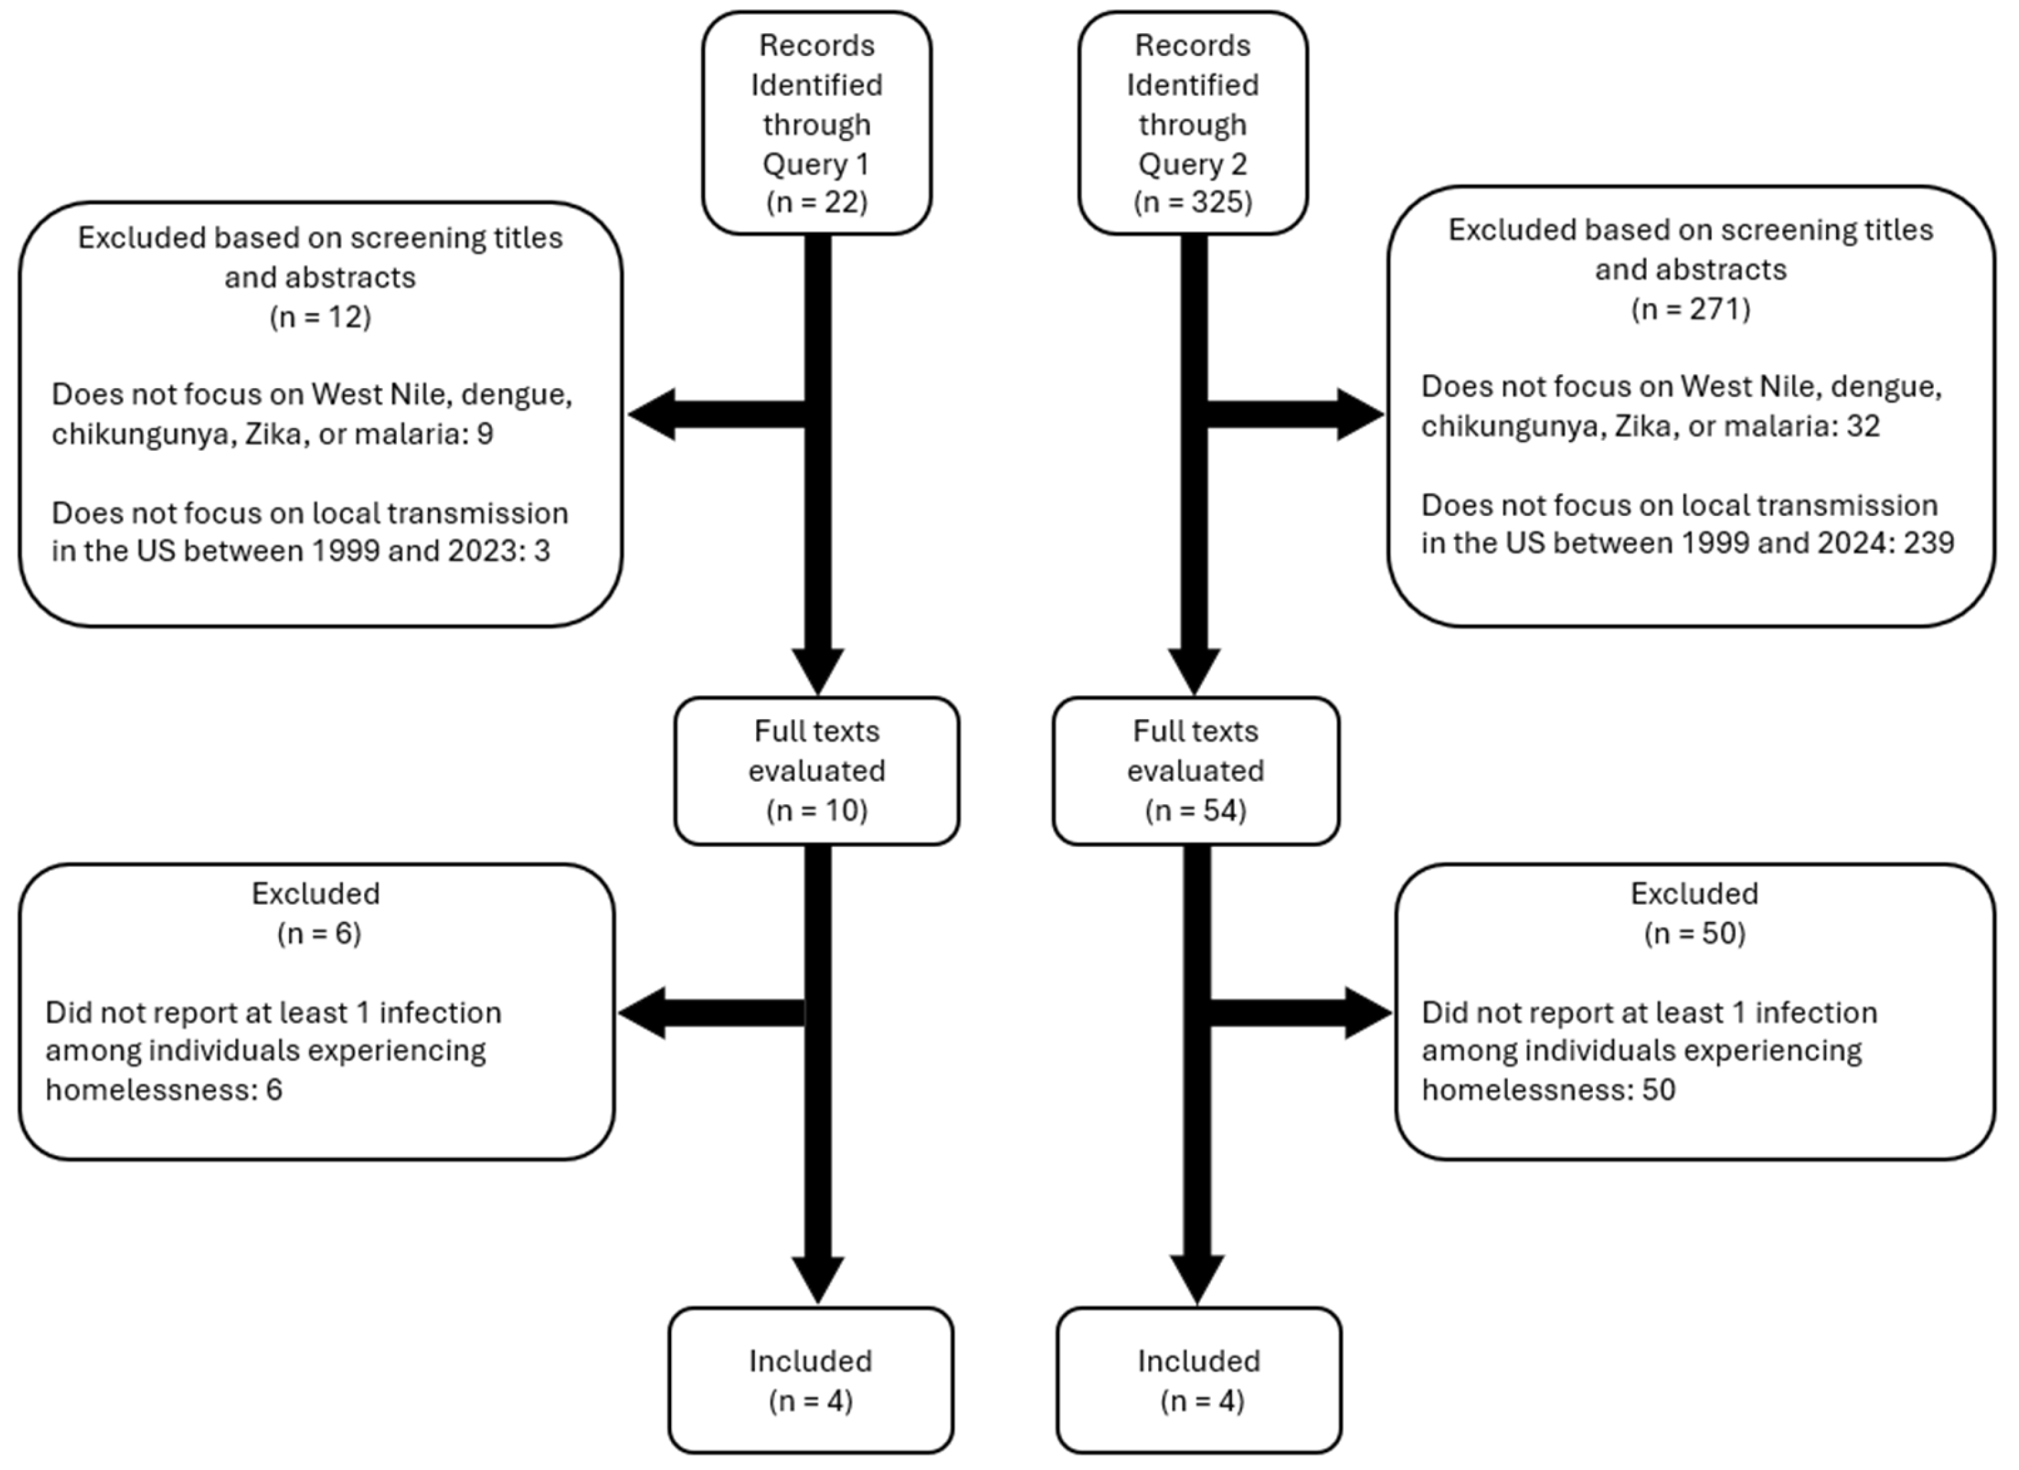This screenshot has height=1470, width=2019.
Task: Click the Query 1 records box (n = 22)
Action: pyautogui.click(x=816, y=123)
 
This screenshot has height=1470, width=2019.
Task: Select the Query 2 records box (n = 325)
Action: pyautogui.click(x=1192, y=123)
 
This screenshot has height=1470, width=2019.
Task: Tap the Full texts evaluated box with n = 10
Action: pyautogui.click(x=816, y=770)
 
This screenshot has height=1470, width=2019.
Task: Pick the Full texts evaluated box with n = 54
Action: pyautogui.click(x=1196, y=770)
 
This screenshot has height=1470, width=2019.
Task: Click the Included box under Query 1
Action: pyautogui.click(x=810, y=1380)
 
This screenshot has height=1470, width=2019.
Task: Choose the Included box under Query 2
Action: pyautogui.click(x=1198, y=1380)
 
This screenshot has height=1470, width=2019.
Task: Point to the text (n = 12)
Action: pyautogui.click(x=320, y=317)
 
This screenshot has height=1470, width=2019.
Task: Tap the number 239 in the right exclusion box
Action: pyautogui.click(x=1928, y=543)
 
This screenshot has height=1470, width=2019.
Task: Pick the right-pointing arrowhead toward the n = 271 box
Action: pyautogui.click(x=1359, y=414)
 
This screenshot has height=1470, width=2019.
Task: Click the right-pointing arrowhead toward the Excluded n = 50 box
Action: pyautogui.click(x=1367, y=1013)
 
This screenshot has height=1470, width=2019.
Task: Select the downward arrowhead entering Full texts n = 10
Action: pyautogui.click(x=817, y=670)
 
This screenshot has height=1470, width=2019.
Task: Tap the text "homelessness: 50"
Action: pyautogui.click(x=1548, y=1090)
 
